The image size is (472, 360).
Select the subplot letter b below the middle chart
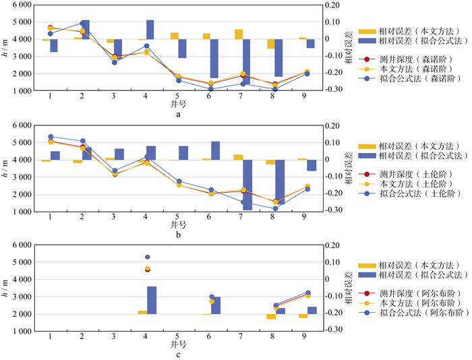178,235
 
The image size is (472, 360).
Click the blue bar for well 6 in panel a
214,59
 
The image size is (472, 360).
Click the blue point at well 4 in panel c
148,257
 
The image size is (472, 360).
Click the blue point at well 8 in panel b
274,208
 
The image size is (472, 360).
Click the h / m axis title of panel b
7,168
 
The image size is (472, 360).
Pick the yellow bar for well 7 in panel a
239,34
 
